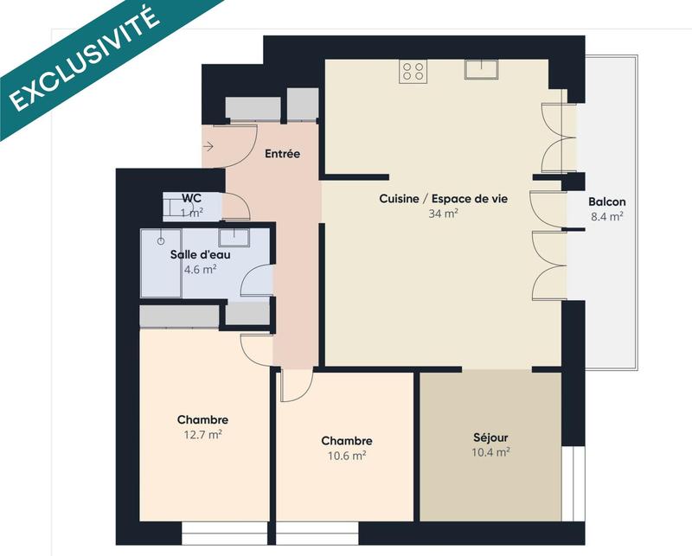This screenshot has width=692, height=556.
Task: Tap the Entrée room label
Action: (x=282, y=154)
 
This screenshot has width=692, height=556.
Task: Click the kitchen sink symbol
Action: (x=477, y=69)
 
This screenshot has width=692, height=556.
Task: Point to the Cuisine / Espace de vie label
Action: (x=443, y=199)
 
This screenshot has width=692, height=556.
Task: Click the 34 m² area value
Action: (x=443, y=214)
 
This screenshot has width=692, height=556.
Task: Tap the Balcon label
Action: (x=606, y=202)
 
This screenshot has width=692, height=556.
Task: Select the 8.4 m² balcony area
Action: (x=606, y=217)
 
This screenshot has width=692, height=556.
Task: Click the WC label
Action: (x=191, y=198)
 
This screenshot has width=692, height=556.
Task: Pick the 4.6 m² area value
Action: (x=200, y=269)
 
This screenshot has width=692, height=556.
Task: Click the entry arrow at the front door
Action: (x=208, y=147)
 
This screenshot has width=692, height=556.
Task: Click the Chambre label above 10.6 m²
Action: (x=346, y=440)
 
